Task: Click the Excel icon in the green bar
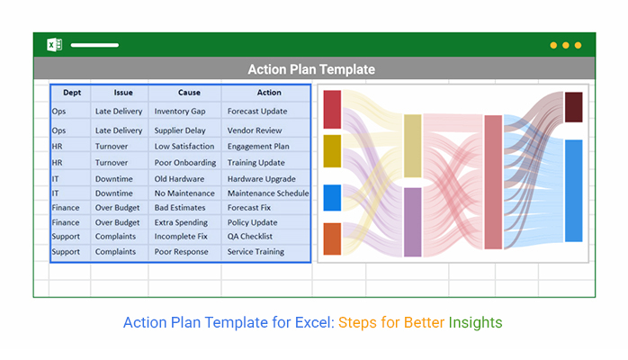pyautogui.click(x=55, y=45)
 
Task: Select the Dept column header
pyautogui.click(x=72, y=93)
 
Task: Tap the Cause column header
pyautogui.click(x=189, y=93)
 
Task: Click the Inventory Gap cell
pyautogui.click(x=180, y=112)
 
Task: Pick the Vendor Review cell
pyautogui.click(x=255, y=130)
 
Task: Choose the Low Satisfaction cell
pyautogui.click(x=184, y=147)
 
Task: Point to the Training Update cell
pyautogui.click(x=256, y=163)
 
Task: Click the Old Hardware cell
pyautogui.click(x=179, y=179)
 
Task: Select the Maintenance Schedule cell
pyautogui.click(x=268, y=193)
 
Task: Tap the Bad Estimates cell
pyautogui.click(x=180, y=208)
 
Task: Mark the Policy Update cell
pyautogui.click(x=252, y=222)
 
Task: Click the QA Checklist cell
pyautogui.click(x=250, y=237)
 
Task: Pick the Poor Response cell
pyautogui.click(x=181, y=252)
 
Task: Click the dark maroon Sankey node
pyautogui.click(x=573, y=107)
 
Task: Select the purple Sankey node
pyautogui.click(x=413, y=221)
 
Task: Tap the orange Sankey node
pyautogui.click(x=332, y=238)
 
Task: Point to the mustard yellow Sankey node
pyautogui.click(x=332, y=151)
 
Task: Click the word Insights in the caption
pyautogui.click(x=475, y=323)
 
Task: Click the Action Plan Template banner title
pyautogui.click(x=311, y=69)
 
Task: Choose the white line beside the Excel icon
pyautogui.click(x=94, y=45)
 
